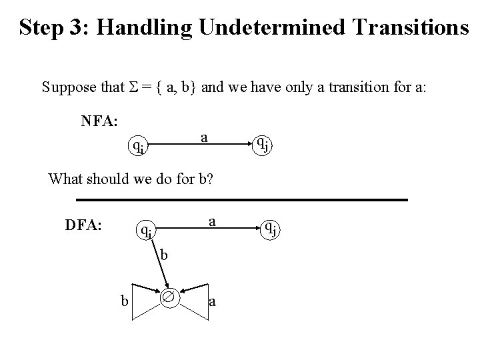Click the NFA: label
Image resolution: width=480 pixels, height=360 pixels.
(99, 121)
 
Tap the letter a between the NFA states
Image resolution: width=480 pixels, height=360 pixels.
(205, 137)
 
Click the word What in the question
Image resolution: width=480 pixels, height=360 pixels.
(66, 179)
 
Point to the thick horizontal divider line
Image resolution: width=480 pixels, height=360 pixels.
(241, 199)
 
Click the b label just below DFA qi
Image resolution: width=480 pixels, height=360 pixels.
(164, 254)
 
